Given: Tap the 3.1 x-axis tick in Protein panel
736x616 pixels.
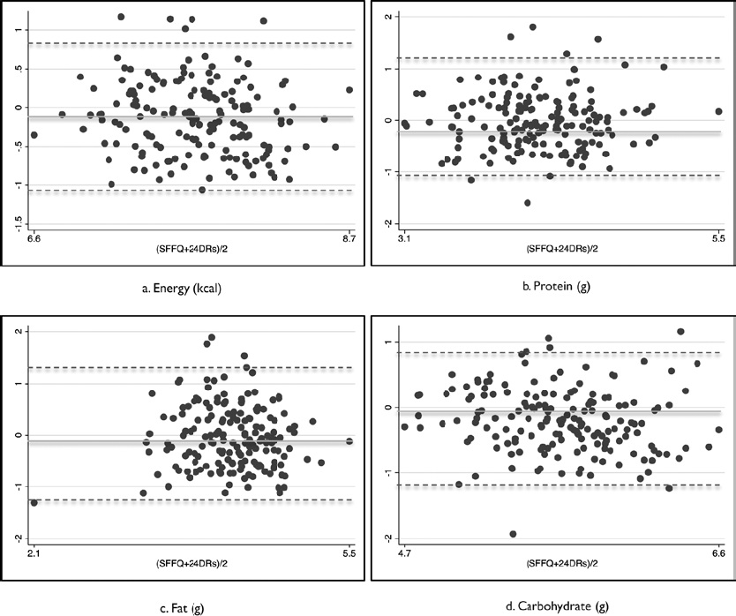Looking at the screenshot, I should (x=404, y=239).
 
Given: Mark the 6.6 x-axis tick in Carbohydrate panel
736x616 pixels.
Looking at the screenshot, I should (x=717, y=553).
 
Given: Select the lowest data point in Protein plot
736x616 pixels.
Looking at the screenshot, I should (x=528, y=203).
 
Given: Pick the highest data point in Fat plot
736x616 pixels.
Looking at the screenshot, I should (x=211, y=337).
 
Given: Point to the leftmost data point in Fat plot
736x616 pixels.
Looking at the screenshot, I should (x=34, y=502).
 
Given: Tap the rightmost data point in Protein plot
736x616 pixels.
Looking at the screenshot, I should (x=718, y=112).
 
